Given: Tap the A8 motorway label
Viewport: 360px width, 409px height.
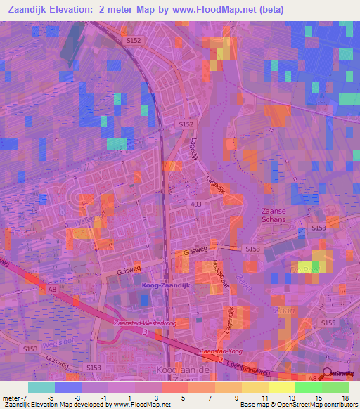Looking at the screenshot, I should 52,288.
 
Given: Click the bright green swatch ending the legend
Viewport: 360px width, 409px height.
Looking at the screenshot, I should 335,387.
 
